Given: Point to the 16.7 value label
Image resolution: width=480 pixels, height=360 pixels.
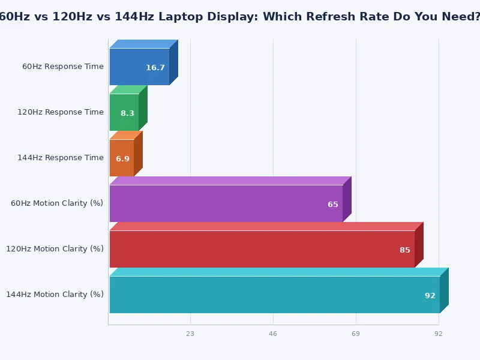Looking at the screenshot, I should tap(155, 68).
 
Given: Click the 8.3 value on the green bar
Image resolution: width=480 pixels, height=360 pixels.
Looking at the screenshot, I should tap(127, 113).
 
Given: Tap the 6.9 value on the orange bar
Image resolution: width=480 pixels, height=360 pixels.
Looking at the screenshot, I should tap(122, 159).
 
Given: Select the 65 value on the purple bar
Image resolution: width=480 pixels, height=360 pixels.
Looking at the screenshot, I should tap(333, 205).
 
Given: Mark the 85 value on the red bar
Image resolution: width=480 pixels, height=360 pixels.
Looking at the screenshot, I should tap(405, 250).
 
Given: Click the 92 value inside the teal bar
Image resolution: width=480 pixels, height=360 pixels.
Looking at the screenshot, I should tap(430, 296).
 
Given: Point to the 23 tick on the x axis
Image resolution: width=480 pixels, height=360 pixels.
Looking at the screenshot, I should tap(190, 334).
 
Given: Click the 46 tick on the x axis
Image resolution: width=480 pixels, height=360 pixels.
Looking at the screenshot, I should tap(273, 334).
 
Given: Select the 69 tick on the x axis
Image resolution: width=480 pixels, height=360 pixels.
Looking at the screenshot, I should tap(356, 334).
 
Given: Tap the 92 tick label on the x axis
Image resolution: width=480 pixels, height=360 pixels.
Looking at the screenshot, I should tap(439, 334).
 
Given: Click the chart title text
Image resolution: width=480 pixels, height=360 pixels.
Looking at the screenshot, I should tap(240, 16).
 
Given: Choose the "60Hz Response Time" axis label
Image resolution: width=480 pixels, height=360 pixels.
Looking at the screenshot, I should tap(63, 67).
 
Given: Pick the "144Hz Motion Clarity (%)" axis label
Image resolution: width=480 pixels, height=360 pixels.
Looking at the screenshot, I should tap(55, 295).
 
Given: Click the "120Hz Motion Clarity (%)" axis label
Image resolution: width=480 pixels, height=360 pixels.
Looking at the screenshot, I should tap(55, 249).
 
